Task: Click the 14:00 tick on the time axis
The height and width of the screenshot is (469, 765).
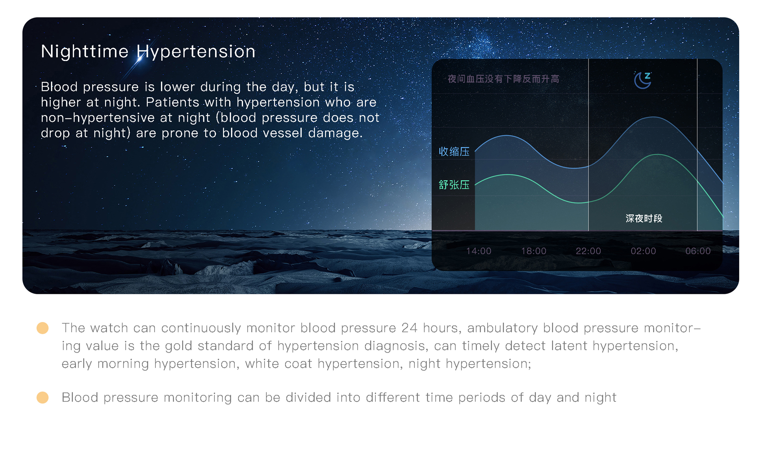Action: (x=479, y=251)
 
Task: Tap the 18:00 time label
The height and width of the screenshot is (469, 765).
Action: (x=534, y=251)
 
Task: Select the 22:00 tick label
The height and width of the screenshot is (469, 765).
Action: (x=588, y=251)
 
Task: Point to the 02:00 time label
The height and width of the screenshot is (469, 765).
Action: (x=643, y=251)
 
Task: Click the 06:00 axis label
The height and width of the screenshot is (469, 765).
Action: (x=698, y=251)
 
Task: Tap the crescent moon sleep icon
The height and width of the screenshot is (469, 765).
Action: (x=642, y=80)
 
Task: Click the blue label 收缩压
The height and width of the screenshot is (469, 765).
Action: (x=454, y=152)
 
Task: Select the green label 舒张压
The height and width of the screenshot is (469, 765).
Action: (x=454, y=185)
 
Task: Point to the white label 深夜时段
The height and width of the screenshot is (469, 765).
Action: (x=644, y=218)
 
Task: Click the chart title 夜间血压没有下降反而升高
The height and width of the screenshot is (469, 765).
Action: (x=503, y=79)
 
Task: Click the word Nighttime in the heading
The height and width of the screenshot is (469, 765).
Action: (x=85, y=51)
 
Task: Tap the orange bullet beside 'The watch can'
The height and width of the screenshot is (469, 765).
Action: (x=43, y=328)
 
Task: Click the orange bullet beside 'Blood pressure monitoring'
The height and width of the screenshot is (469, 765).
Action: (x=43, y=397)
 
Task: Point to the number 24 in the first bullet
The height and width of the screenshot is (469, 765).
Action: (x=409, y=328)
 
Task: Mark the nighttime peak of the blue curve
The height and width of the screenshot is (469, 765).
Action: (x=653, y=117)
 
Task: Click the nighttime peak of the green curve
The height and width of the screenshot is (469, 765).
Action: (x=657, y=154)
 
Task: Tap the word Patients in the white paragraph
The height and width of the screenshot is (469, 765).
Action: (x=172, y=102)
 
